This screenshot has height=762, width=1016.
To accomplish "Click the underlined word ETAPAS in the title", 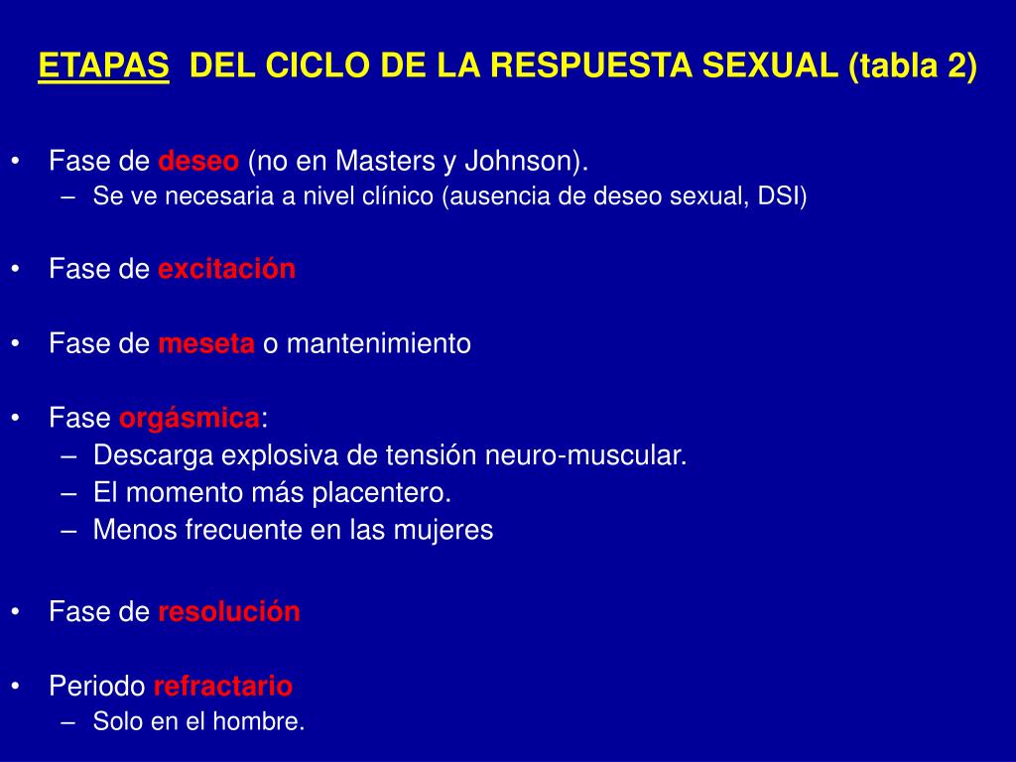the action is tap(103, 65).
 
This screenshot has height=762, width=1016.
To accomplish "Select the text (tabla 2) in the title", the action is tap(913, 66).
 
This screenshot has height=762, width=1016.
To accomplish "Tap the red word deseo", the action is tap(198, 161).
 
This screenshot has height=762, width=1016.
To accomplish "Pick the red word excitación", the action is tap(227, 268).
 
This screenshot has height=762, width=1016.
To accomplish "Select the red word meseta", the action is tap(206, 343).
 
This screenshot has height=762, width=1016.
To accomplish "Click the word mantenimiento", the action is tap(378, 343).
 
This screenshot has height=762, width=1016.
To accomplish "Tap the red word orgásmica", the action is tap(190, 419).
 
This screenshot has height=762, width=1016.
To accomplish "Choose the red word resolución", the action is tap(229, 611).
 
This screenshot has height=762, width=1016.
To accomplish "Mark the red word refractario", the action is tap(223, 686).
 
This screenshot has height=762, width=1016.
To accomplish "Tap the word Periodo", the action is tap(97, 686).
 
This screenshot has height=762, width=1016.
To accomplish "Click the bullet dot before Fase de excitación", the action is tap(16, 269).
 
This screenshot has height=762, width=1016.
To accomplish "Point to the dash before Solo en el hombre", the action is tap(68, 722).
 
